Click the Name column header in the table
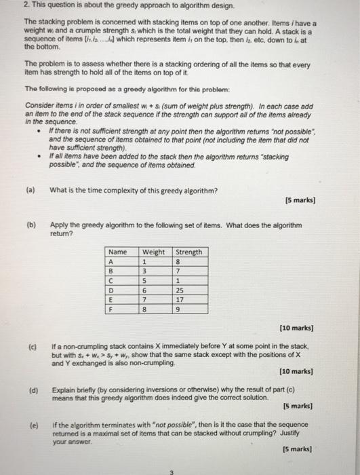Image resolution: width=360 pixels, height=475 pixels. coord(119,252)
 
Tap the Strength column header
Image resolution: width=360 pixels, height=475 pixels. coord(188,252)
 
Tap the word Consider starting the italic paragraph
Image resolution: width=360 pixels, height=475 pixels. coord(38,106)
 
